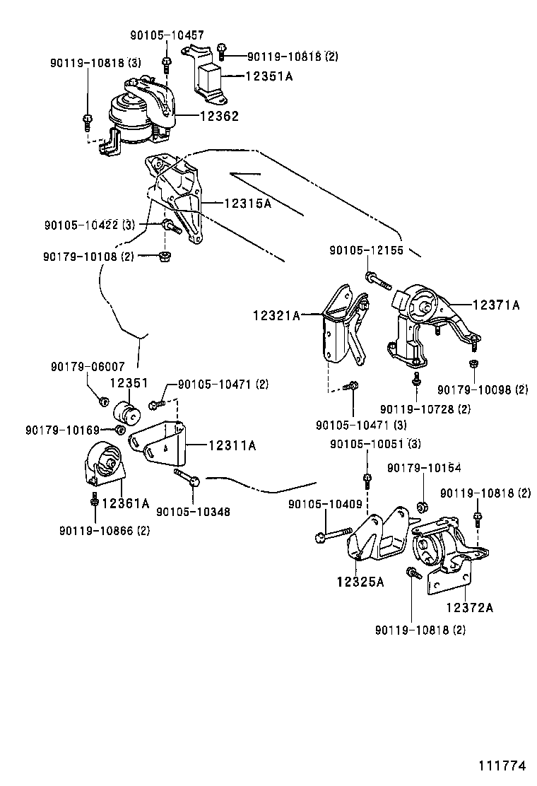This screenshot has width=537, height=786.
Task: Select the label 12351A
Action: [268, 76]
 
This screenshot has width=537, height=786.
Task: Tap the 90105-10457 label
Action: [167, 35]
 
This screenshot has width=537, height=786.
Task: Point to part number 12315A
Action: [247, 203]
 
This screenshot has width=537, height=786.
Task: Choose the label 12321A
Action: [276, 316]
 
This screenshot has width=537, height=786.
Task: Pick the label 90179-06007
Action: [88, 367]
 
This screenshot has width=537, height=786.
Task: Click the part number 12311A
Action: [232, 445]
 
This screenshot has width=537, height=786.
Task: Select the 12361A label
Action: [126, 503]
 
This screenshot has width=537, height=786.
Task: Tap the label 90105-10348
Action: [193, 511]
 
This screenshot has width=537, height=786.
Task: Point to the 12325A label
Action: [360, 582]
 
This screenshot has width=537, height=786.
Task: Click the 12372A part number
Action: [469, 606]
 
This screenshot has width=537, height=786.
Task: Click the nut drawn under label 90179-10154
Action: [421, 506]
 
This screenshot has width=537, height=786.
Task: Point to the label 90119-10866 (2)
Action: [104, 530]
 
